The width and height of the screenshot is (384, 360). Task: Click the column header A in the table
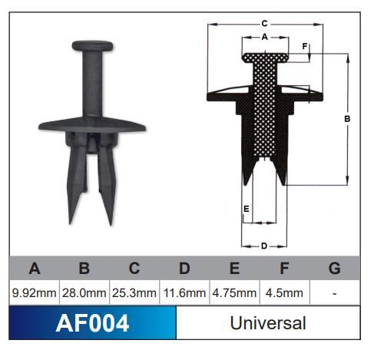coord(35,268)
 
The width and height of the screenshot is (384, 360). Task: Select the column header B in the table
coord(84,268)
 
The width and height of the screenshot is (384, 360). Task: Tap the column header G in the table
coord(334,268)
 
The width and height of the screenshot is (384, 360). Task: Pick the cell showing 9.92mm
coord(35,292)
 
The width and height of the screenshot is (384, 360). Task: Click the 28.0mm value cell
coord(84,292)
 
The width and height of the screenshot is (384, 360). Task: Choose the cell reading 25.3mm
coord(134,292)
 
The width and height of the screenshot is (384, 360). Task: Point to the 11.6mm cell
coord(184,292)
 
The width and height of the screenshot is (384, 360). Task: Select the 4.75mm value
coord(234,292)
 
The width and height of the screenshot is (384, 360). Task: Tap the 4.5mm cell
coord(284,292)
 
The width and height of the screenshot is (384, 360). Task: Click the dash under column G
coord(334,292)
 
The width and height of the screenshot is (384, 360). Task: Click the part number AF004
coord(92,323)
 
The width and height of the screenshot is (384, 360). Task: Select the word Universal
coord(268,323)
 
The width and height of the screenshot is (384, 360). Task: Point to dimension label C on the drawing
coord(264,24)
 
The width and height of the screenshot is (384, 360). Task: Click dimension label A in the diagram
coord(265,36)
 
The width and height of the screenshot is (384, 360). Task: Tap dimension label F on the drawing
coord(305,47)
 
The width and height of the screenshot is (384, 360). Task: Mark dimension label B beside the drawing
coord(347,119)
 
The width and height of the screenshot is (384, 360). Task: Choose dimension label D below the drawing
coord(263,246)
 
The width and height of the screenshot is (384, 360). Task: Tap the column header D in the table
coord(184,268)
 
